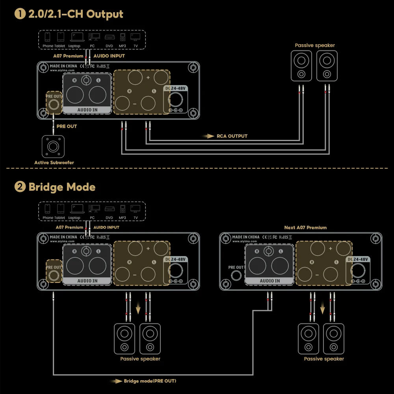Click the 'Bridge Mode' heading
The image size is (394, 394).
click(x=61, y=186)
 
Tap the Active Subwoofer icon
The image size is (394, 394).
click(x=53, y=147)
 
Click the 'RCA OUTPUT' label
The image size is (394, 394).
click(x=232, y=136)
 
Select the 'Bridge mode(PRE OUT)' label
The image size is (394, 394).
click(x=150, y=381)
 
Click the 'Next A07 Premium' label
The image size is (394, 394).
click(x=305, y=227)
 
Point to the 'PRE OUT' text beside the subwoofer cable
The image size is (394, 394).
click(x=67, y=126)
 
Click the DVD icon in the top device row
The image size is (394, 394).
click(x=109, y=37)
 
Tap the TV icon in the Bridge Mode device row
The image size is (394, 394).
click(x=136, y=209)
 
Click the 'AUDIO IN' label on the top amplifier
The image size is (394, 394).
click(x=87, y=110)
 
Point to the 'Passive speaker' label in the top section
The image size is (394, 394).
click(x=315, y=45)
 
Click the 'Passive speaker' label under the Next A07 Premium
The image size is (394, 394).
click(x=324, y=359)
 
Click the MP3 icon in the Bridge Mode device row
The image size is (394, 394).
click(x=123, y=209)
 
